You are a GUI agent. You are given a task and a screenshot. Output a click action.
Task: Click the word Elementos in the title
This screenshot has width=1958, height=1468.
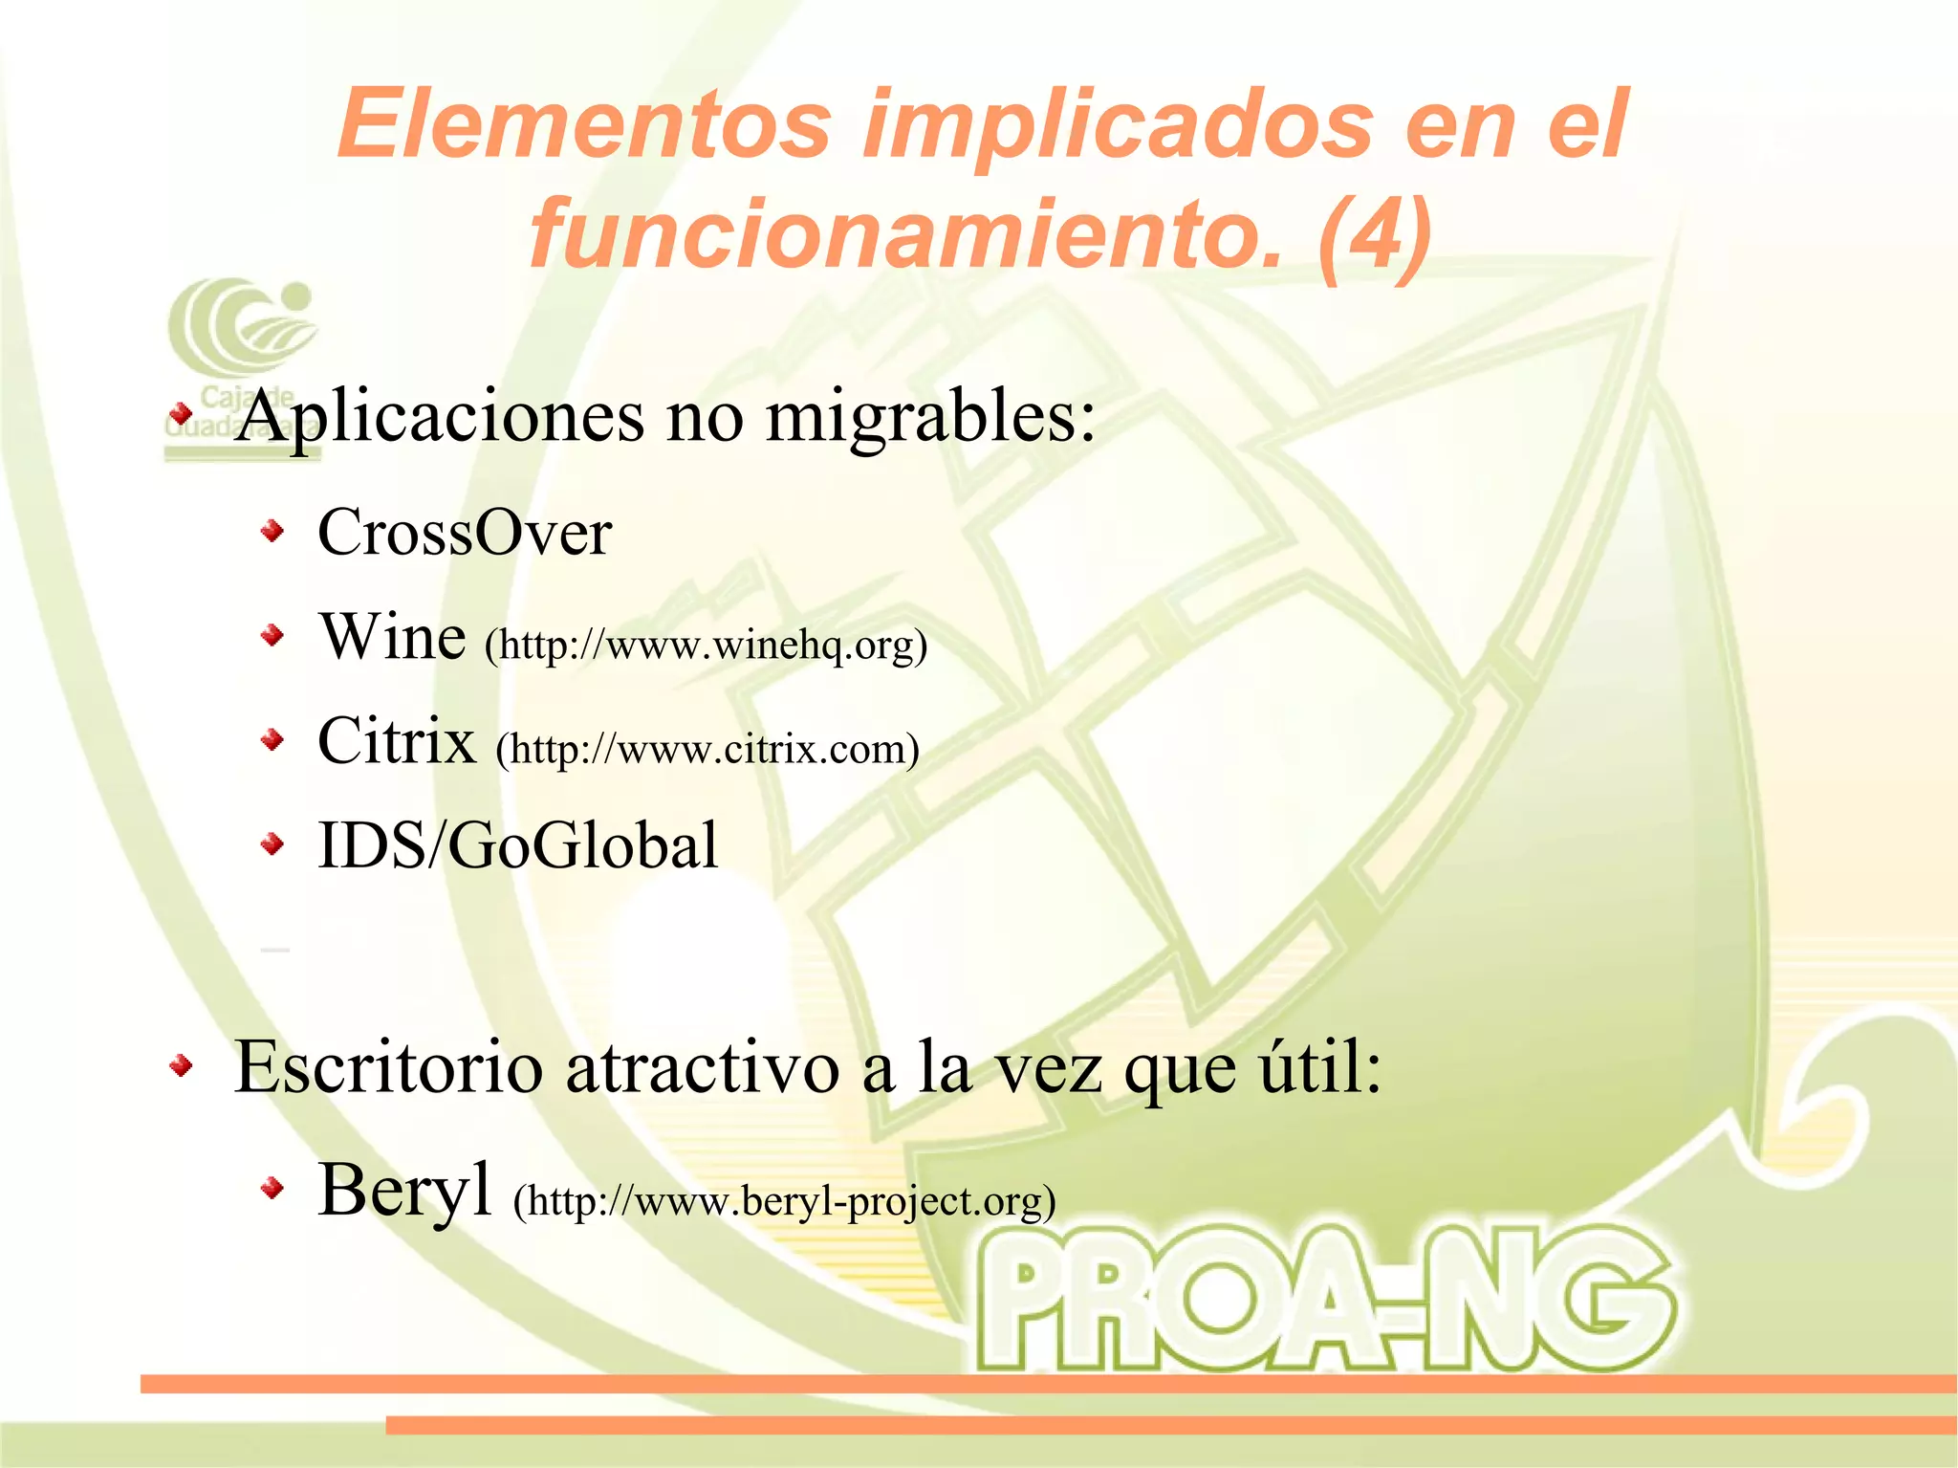point(584,124)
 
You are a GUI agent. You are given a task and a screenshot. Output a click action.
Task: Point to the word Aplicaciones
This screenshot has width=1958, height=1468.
point(441,418)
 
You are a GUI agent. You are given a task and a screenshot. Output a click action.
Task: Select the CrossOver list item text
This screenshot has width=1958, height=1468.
point(465,533)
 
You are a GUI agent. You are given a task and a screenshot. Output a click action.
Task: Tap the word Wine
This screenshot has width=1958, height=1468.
point(392,637)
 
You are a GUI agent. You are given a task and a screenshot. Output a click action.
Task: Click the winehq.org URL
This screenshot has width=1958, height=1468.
point(706,646)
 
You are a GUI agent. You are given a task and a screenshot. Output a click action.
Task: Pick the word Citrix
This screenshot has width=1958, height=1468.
point(397,741)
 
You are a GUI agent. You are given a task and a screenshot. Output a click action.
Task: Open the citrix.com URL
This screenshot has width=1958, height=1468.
point(707,749)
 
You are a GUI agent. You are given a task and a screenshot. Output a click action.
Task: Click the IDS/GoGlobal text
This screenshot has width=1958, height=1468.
point(517,845)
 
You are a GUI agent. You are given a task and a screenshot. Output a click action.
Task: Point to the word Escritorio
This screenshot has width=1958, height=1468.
point(388,1067)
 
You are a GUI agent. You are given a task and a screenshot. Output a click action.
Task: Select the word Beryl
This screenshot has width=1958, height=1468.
point(404,1191)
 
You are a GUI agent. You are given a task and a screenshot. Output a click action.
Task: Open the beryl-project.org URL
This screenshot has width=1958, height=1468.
point(784,1201)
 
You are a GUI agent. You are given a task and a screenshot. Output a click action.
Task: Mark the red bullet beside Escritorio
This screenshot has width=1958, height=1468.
point(181,1065)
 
